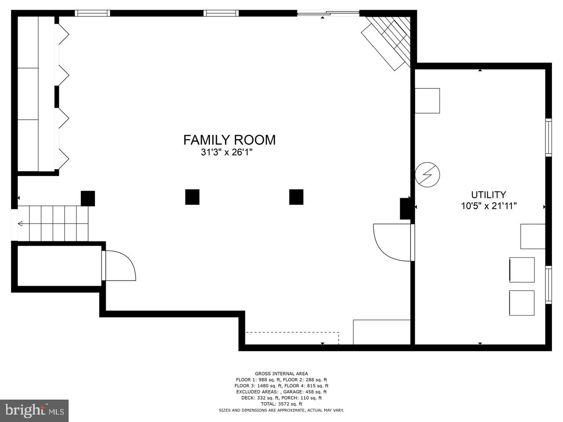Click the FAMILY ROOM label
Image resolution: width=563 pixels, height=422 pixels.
[229, 140]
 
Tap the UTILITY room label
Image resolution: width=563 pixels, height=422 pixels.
[488, 195]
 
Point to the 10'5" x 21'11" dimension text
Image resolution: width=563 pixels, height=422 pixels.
[488, 206]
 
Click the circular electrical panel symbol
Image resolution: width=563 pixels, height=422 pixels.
[428, 175]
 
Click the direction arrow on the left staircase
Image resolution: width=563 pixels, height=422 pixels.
[20, 224]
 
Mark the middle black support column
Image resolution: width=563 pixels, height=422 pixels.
[192, 197]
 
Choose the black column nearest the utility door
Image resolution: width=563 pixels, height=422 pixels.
[296, 197]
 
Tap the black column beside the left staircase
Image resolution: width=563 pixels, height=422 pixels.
[88, 198]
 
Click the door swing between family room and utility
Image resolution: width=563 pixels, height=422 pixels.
[391, 242]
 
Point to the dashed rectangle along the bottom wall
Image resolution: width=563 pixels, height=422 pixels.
[292, 338]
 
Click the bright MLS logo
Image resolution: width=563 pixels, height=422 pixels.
[34, 411]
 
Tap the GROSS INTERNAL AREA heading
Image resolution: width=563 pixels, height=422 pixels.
[281, 374]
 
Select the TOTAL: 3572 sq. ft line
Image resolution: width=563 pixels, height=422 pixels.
[281, 404]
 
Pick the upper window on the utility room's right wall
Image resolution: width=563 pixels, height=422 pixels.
[548, 137]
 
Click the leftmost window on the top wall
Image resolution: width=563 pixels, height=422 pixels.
[92, 13]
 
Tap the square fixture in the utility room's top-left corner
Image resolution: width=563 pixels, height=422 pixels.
[427, 101]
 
